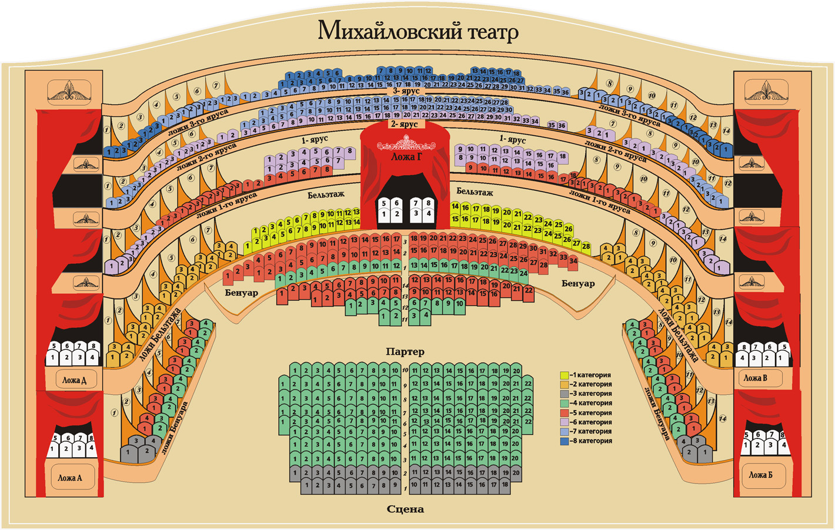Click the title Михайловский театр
(417, 30)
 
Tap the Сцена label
(405, 509)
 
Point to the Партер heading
(405, 351)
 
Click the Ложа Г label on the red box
(406, 157)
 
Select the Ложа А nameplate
(70, 478)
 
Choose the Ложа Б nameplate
(760, 474)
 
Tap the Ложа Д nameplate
(74, 380)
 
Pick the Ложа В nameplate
(755, 378)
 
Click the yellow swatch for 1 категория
(565, 375)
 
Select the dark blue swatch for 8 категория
(565, 441)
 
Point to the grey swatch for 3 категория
(565, 394)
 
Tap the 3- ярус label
(406, 91)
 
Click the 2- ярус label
(405, 124)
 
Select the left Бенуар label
(241, 292)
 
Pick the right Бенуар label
(577, 284)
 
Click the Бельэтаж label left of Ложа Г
(326, 194)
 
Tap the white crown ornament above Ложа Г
(406, 143)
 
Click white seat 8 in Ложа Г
(428, 203)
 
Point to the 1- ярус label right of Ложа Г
(512, 139)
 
